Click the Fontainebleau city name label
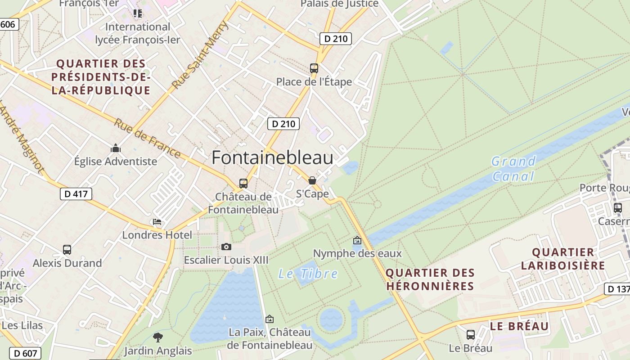coord(272,158)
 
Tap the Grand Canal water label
coord(513,168)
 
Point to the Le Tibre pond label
coord(308,274)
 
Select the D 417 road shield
coord(76,194)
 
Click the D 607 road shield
coord(26,353)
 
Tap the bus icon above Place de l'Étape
coord(314,68)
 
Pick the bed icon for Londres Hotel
coord(157,222)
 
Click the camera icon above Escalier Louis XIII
coord(226,247)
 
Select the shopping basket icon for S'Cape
coord(312,180)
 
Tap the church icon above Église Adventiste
coord(116,148)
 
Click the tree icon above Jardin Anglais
coord(158,337)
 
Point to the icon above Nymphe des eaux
coord(357,240)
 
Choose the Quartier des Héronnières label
coord(430,279)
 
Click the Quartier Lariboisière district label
coord(563,259)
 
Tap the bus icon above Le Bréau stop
coord(471,335)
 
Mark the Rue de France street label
coord(147,138)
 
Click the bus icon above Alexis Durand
coord(67,249)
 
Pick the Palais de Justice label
coord(339,4)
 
